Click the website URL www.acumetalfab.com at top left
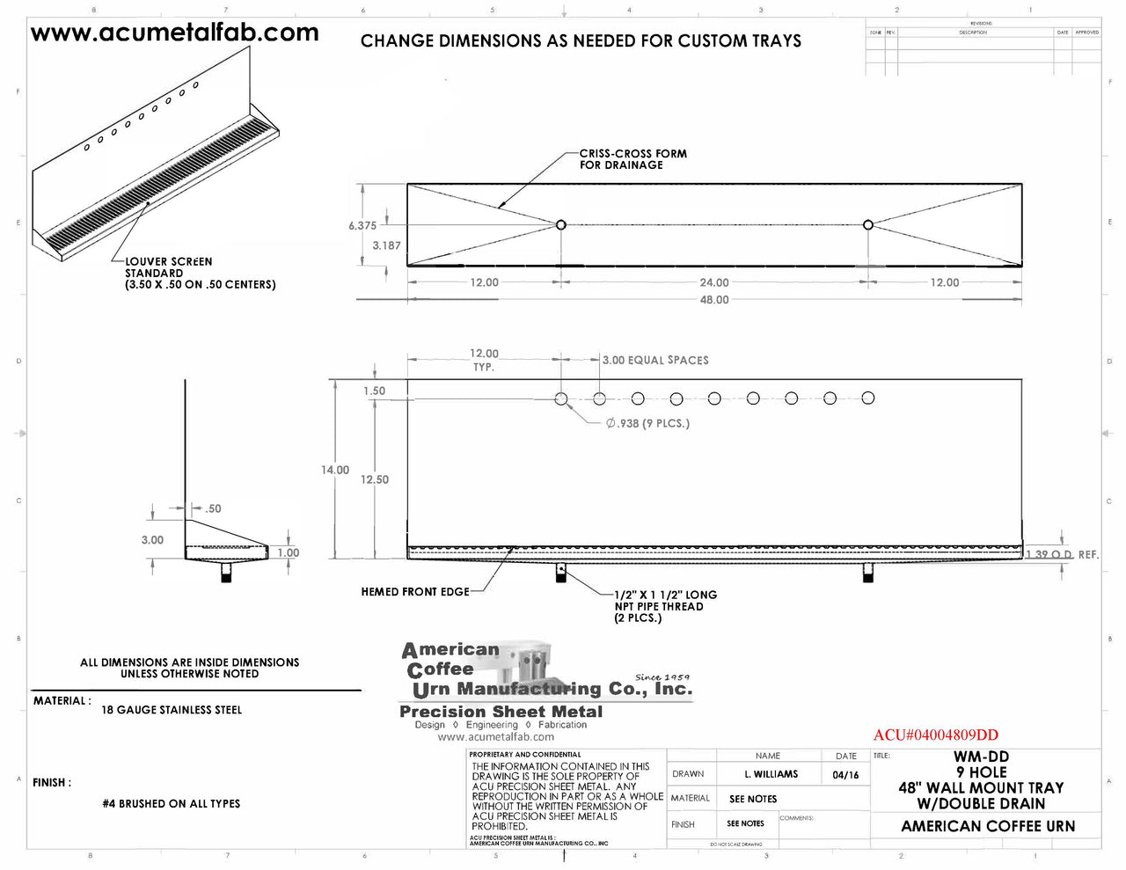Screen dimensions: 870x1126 click(x=174, y=33)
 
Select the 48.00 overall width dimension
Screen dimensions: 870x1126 click(x=713, y=300)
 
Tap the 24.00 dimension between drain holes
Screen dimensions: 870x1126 click(x=713, y=282)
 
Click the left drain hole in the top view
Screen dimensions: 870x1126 click(x=561, y=225)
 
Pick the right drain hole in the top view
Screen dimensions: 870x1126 click(x=868, y=225)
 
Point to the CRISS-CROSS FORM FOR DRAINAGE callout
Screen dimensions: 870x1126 click(x=632, y=159)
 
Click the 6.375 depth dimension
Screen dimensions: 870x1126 click(x=362, y=226)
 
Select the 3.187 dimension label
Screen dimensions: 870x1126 click(x=386, y=245)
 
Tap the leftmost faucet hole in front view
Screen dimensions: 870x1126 click(x=561, y=398)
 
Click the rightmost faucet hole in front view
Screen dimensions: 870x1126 click(x=868, y=398)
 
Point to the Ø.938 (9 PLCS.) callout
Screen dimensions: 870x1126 click(x=647, y=423)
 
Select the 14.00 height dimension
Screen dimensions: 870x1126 click(x=334, y=470)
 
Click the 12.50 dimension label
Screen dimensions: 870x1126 click(x=375, y=479)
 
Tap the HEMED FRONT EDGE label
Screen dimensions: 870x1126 click(x=415, y=592)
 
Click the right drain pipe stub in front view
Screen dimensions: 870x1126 click(x=868, y=573)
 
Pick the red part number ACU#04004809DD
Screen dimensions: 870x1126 click(x=935, y=735)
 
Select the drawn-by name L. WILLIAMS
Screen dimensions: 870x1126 click(x=771, y=774)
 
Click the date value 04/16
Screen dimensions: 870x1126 click(x=845, y=775)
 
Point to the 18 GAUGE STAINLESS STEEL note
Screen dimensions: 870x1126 click(x=172, y=710)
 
